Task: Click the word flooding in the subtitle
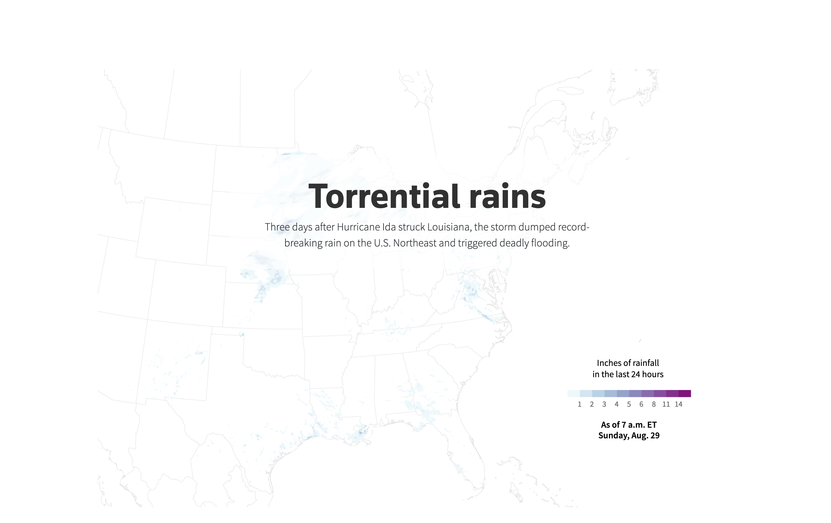[x=550, y=243]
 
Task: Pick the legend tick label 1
[x=579, y=404]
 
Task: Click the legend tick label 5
[x=629, y=404]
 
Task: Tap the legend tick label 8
[x=654, y=404]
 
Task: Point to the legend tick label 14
[x=678, y=404]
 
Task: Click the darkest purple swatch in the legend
[x=685, y=394]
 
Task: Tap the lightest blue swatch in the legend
[x=573, y=394]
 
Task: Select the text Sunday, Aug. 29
[x=629, y=436]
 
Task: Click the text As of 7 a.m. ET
[x=629, y=425]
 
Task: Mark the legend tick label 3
[x=604, y=404]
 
